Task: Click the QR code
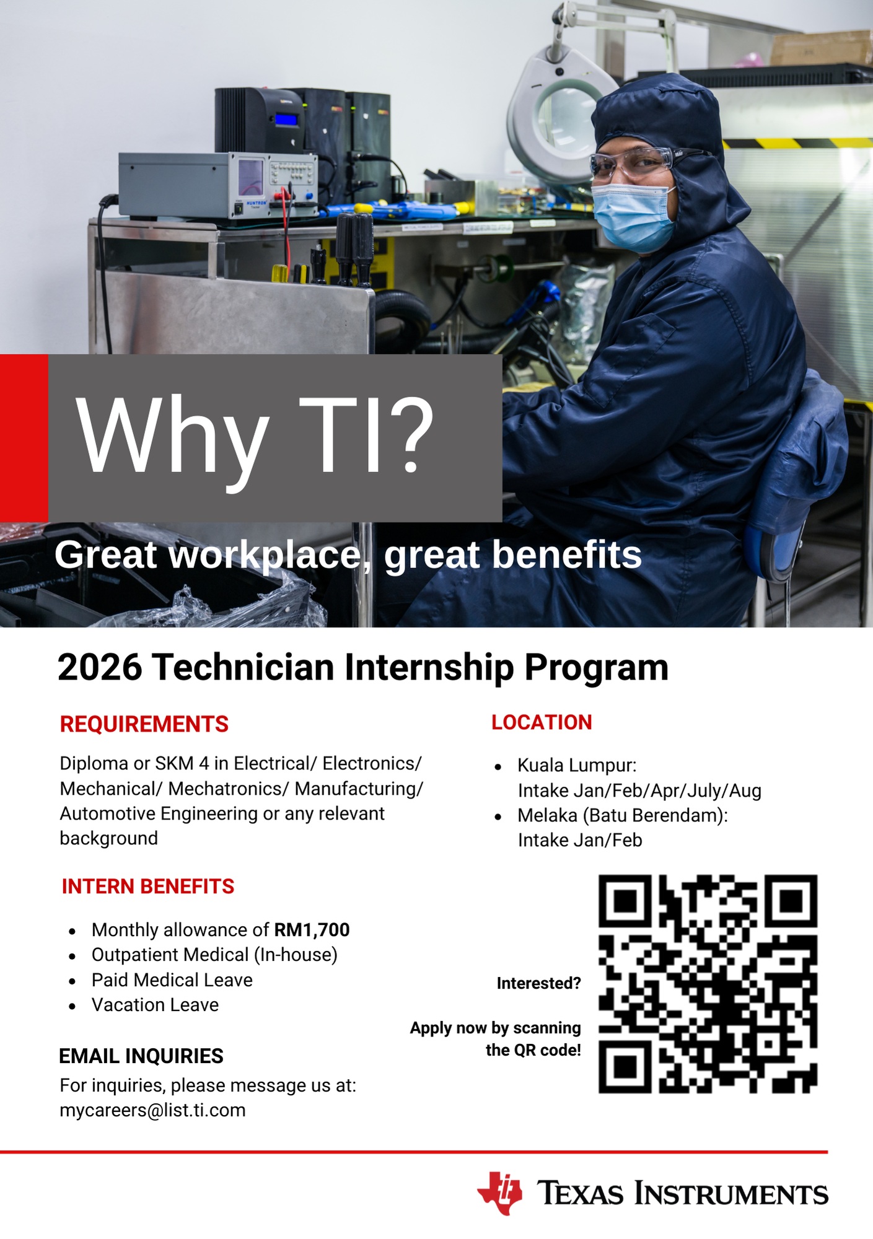tap(708, 984)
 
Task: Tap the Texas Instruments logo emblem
tap(499, 1193)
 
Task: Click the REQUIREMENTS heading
tap(144, 724)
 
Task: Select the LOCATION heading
tap(542, 722)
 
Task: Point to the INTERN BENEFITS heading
tap(148, 887)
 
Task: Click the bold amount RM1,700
tap(312, 930)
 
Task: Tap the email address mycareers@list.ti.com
tap(152, 1110)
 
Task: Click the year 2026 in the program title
tap(100, 667)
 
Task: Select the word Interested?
tap(539, 983)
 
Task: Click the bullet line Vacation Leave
tap(155, 1005)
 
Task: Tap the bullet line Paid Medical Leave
tap(172, 980)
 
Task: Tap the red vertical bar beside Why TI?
tap(24, 438)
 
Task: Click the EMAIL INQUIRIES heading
tap(141, 1056)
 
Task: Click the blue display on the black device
tap(287, 119)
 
